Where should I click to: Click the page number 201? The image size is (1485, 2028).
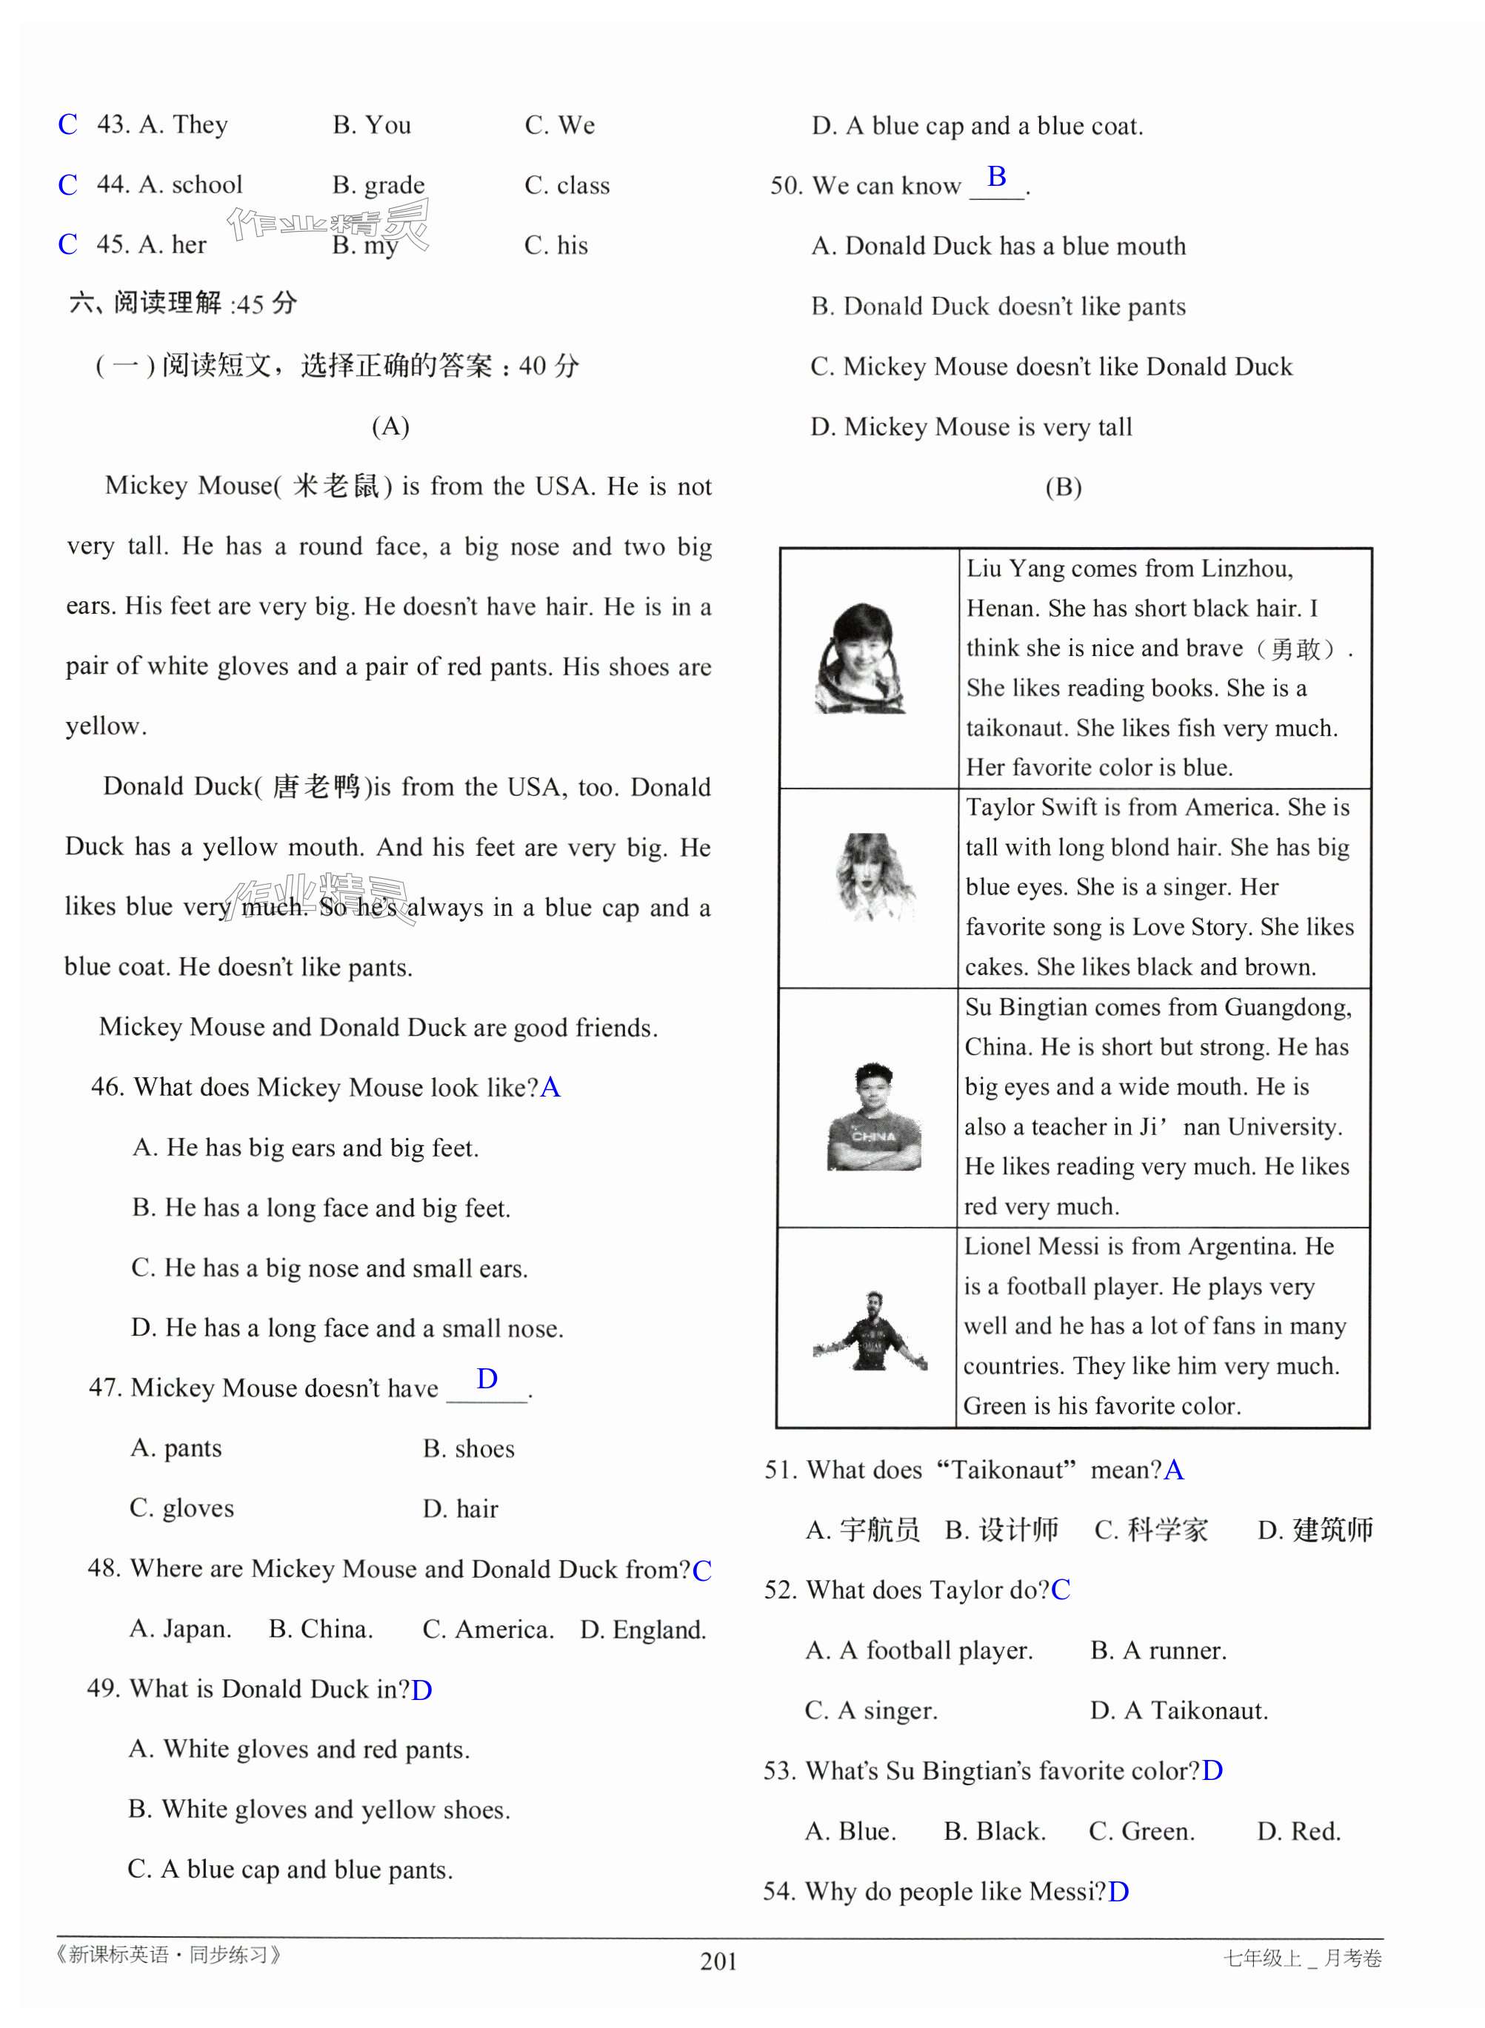pyautogui.click(x=718, y=1961)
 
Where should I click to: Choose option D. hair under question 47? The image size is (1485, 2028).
pyautogui.click(x=460, y=1509)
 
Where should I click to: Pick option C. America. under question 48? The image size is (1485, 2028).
pyautogui.click(x=487, y=1629)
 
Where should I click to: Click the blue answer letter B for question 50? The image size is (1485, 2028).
pyautogui.click(x=996, y=176)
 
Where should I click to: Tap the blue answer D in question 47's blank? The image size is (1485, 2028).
pyautogui.click(x=487, y=1379)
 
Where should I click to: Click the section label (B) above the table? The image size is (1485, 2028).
pyautogui.click(x=1064, y=487)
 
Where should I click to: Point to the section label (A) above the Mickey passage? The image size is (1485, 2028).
pyautogui.click(x=390, y=426)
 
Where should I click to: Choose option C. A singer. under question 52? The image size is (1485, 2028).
pyautogui.click(x=871, y=1711)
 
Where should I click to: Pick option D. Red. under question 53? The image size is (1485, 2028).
pyautogui.click(x=1298, y=1831)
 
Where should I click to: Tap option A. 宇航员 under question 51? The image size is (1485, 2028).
pyautogui.click(x=863, y=1530)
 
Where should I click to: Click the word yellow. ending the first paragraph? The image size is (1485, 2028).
pyautogui.click(x=106, y=726)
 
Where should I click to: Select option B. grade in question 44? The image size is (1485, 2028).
pyautogui.click(x=378, y=185)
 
